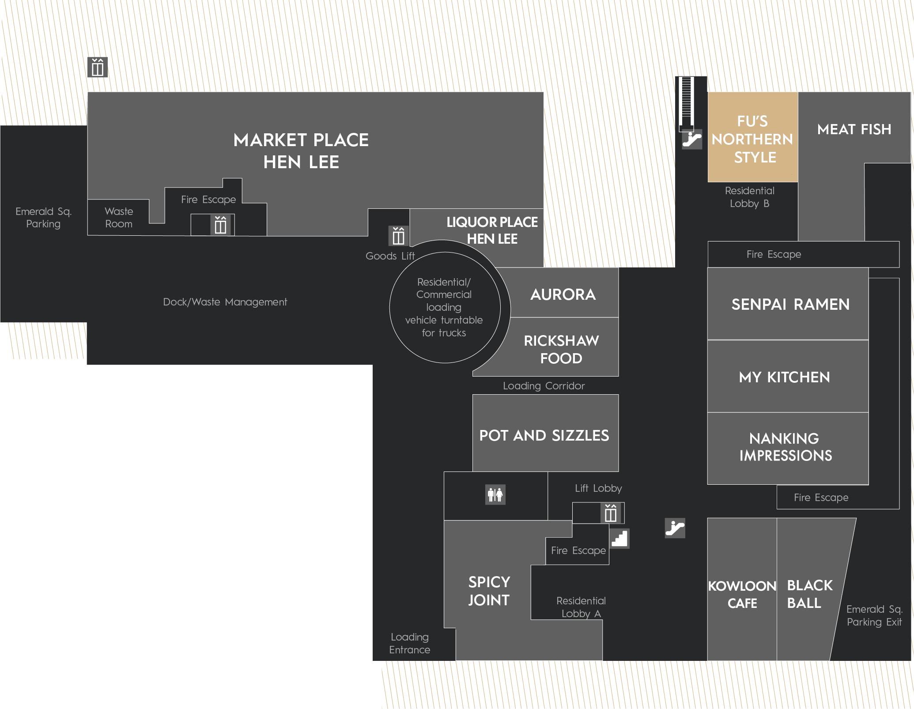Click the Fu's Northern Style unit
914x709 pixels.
[x=752, y=137]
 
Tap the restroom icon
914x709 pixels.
[x=495, y=494]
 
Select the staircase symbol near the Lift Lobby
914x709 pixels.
[x=619, y=539]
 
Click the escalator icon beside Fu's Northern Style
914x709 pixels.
[x=692, y=140]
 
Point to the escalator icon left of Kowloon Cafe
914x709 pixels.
[x=675, y=528]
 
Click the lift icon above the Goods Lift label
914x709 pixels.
[x=398, y=236]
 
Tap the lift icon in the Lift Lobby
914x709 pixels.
[x=611, y=513]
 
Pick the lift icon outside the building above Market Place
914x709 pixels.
[x=98, y=67]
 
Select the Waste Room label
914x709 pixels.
[x=119, y=218]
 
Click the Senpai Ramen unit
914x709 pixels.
[x=788, y=304]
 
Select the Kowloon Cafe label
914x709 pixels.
[x=742, y=594]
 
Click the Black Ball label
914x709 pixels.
[x=810, y=594]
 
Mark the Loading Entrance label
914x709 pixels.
[x=410, y=643]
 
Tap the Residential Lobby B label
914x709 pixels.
[x=750, y=197]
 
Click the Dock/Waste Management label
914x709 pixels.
[x=225, y=302]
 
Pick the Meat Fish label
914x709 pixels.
[x=854, y=129]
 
